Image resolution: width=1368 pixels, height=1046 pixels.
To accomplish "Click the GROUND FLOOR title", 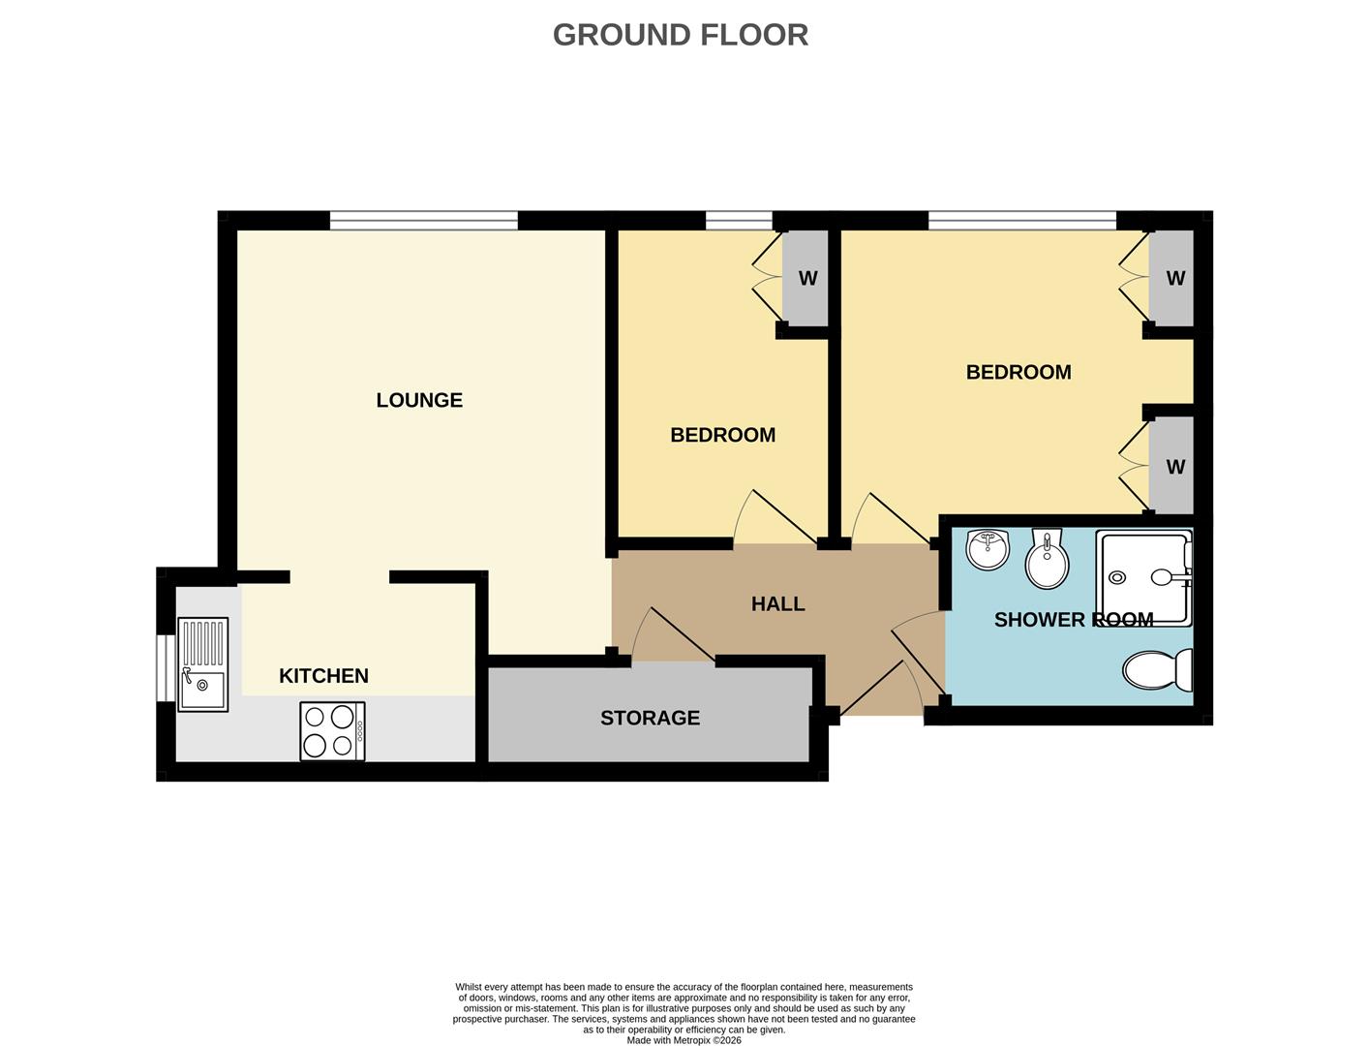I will click(680, 35).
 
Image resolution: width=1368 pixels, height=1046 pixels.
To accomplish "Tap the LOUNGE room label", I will click(419, 400).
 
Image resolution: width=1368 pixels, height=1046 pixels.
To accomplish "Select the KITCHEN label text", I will click(323, 676).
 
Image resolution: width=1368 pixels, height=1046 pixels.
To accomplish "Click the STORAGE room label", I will click(650, 718).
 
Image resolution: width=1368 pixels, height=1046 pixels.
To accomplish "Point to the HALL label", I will click(777, 604).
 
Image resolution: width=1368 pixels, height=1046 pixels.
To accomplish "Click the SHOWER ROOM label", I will click(1073, 620).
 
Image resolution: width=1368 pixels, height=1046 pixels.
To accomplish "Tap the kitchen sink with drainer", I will click(203, 665).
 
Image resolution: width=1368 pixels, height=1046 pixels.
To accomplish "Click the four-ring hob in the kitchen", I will click(332, 731).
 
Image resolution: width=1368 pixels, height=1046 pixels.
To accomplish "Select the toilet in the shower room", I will click(1158, 669).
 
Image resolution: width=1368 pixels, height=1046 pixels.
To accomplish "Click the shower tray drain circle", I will click(1117, 577).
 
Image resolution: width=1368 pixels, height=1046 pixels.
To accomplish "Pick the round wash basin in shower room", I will click(988, 550).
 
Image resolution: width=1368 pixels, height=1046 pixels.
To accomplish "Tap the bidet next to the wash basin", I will click(1047, 560).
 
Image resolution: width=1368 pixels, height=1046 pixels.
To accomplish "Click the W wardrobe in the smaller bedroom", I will click(806, 279).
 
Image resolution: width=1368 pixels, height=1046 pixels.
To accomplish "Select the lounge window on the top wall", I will click(423, 221).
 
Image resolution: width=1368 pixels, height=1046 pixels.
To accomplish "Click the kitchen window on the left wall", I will click(166, 668).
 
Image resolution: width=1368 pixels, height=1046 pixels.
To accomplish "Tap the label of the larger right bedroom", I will click(1018, 373).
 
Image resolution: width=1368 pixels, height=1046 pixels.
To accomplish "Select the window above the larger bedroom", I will click(1021, 221).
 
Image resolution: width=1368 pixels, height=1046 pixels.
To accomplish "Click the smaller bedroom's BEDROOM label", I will click(722, 436).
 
